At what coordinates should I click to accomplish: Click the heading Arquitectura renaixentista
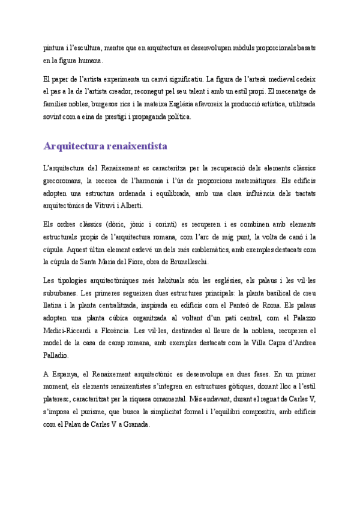pyautogui.click(x=105, y=146)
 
